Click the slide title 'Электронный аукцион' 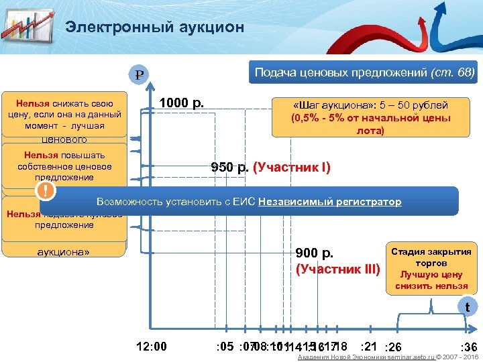pos(154,27)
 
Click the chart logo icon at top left pos(28,26)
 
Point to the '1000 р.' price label pos(180,103)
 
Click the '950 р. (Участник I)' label pos(270,168)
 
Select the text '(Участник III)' pos(337,270)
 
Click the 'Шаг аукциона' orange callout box pos(370,117)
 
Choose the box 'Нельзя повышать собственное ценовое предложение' pos(64,166)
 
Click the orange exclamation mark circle pos(46,191)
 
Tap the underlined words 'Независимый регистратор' pos(329,202)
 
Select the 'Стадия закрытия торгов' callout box pos(431,269)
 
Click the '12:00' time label pos(151,347)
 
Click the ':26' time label pos(392,347)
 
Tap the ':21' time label pos(368,345)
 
